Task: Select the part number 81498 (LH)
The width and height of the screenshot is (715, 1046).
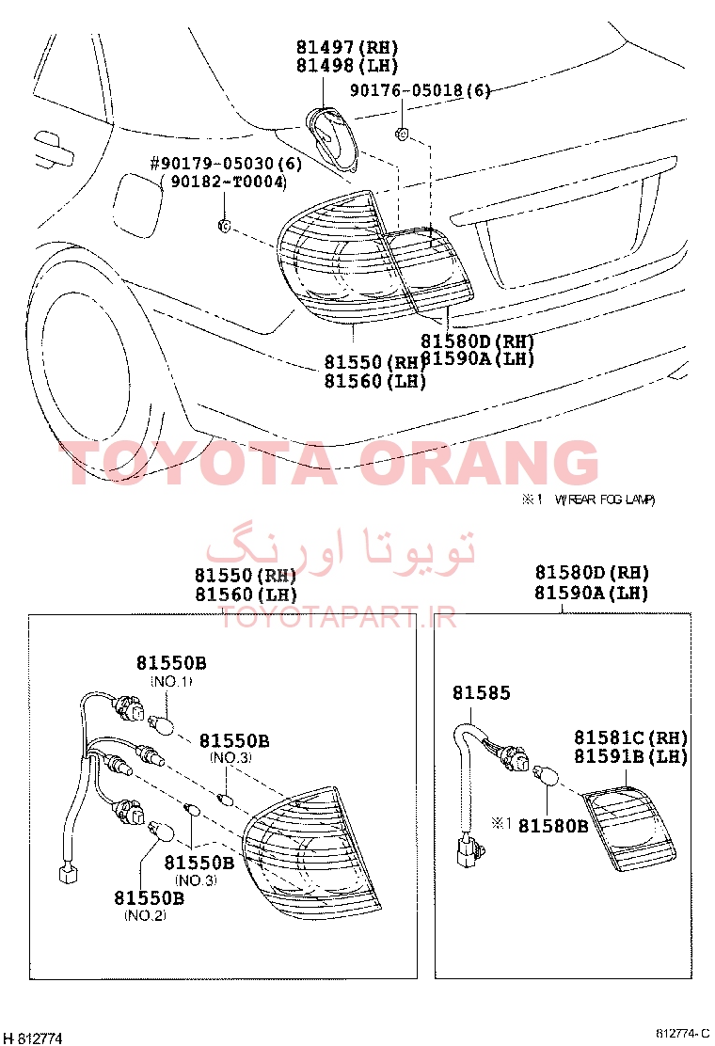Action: click(x=347, y=66)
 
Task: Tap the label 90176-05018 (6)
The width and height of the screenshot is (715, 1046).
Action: click(x=421, y=90)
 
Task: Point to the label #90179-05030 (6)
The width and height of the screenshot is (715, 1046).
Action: click(x=226, y=164)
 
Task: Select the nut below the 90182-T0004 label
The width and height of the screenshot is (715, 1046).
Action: click(x=225, y=226)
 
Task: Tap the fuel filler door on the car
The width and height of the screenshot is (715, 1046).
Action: click(x=138, y=203)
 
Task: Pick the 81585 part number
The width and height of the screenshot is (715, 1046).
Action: click(x=482, y=693)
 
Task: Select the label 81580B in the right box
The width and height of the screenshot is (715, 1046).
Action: click(x=553, y=826)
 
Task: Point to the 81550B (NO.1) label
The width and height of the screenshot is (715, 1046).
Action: click(x=171, y=671)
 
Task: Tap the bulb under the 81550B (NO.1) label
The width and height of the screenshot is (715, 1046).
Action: click(x=162, y=723)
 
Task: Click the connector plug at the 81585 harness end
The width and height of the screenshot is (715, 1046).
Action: click(x=469, y=852)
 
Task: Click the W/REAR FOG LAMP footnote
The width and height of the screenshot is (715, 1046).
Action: click(x=604, y=499)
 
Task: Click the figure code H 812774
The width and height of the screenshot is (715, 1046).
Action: click(x=32, y=1038)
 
